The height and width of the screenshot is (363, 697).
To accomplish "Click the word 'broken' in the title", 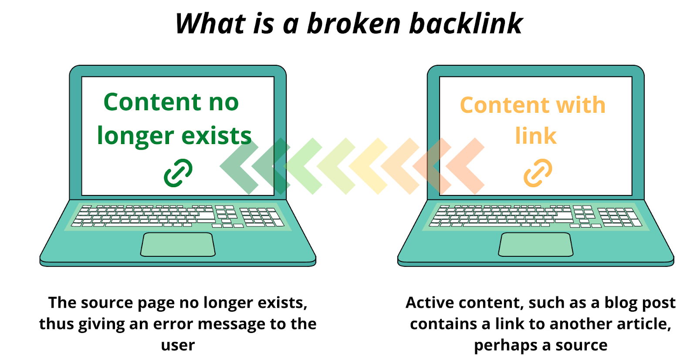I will pyautogui.click(x=354, y=24).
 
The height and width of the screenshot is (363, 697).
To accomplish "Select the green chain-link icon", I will pyautogui.click(x=178, y=173).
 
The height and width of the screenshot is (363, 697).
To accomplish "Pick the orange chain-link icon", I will pyautogui.click(x=538, y=173).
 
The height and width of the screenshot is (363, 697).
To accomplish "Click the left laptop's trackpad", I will pyautogui.click(x=178, y=245).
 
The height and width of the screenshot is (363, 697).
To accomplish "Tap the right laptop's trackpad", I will pyautogui.click(x=535, y=245).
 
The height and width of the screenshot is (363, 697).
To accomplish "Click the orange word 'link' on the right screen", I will pyautogui.click(x=535, y=136).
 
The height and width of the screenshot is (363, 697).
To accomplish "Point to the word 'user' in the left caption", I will pyautogui.click(x=178, y=345).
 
